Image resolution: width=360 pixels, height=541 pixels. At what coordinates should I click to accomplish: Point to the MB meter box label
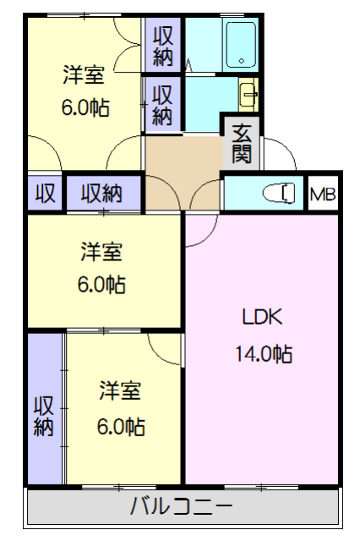click(x=323, y=195)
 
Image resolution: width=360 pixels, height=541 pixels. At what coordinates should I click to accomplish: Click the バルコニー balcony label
click(x=182, y=507)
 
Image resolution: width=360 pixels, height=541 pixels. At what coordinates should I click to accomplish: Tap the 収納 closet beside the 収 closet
click(x=101, y=194)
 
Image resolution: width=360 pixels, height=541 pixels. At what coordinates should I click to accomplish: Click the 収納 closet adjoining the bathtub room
click(x=163, y=46)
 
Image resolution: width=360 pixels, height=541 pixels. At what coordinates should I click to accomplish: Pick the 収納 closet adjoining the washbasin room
click(x=163, y=103)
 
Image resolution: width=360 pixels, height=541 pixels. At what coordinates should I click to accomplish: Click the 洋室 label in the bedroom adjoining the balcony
click(x=120, y=391)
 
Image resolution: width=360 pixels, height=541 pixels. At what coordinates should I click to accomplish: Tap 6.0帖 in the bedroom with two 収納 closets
click(x=83, y=107)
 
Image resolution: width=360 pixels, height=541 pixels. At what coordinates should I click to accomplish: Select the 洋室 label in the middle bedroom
click(x=101, y=251)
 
